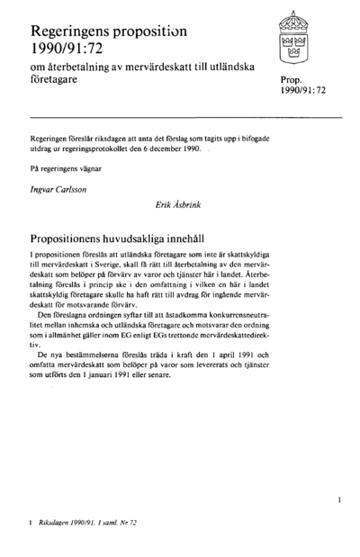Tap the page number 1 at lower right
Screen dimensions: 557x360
pyautogui.click(x=338, y=497)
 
